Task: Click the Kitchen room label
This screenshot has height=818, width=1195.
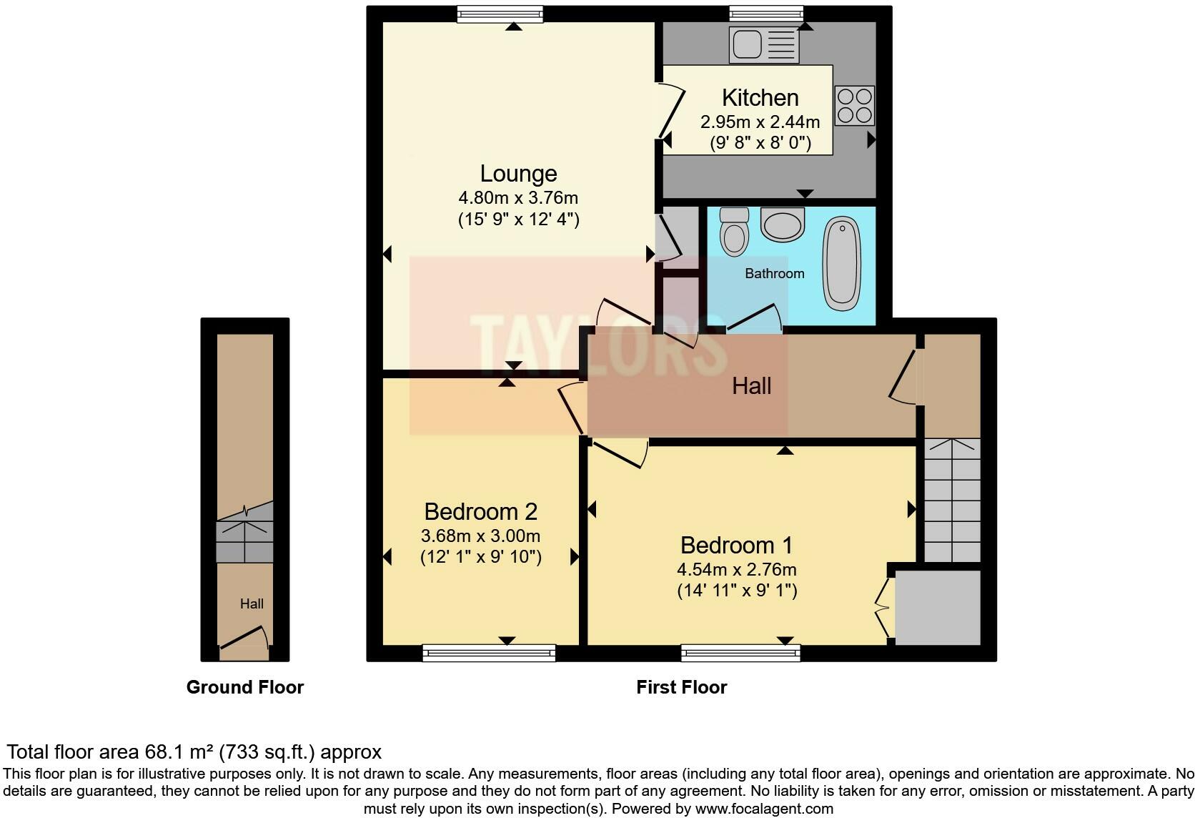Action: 760,98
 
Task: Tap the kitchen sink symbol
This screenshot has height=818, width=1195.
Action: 764,45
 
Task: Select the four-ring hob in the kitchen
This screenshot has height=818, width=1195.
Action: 855,105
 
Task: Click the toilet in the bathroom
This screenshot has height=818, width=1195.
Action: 734,232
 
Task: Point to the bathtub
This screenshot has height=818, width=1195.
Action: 842,263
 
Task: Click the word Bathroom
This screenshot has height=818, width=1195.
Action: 775,274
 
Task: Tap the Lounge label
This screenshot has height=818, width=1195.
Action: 519,174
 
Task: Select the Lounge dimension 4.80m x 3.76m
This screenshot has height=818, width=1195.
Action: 519,198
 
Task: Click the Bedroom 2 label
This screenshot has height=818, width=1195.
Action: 481,512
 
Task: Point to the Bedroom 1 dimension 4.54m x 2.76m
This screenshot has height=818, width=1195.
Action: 737,569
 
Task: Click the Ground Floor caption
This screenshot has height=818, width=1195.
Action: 245,687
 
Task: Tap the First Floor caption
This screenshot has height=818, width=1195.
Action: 682,687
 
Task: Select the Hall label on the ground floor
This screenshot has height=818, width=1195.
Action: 252,603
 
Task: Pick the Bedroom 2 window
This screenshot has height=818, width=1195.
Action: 489,653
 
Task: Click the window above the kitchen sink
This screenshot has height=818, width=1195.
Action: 766,14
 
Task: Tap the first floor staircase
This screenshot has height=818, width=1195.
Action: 952,500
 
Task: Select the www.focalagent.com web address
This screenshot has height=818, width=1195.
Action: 765,809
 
